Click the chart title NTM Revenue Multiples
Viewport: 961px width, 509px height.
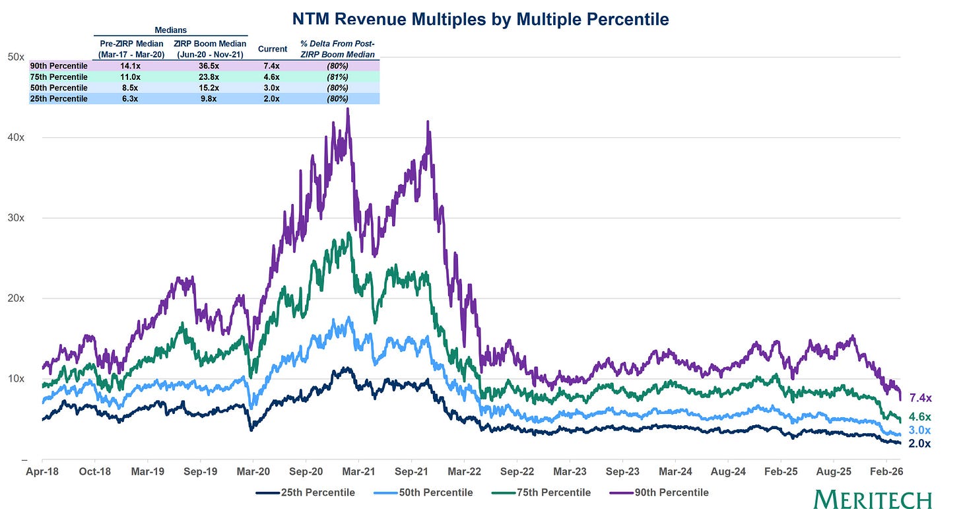pyautogui.click(x=480, y=20)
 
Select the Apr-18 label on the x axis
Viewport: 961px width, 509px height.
pyautogui.click(x=42, y=472)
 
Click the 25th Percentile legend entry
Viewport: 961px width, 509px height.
pyautogui.click(x=306, y=492)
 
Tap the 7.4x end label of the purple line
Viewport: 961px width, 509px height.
pyautogui.click(x=920, y=398)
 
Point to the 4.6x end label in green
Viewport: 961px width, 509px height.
pyautogui.click(x=920, y=417)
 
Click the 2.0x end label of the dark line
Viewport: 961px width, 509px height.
pyautogui.click(x=920, y=444)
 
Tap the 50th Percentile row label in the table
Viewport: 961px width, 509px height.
pyautogui.click(x=59, y=88)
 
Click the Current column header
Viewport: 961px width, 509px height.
pyautogui.click(x=273, y=49)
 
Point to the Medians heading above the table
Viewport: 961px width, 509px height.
pyautogui.click(x=170, y=30)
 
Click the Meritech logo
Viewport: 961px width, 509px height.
pyautogui.click(x=873, y=499)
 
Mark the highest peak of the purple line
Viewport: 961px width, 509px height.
pyautogui.click(x=348, y=109)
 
